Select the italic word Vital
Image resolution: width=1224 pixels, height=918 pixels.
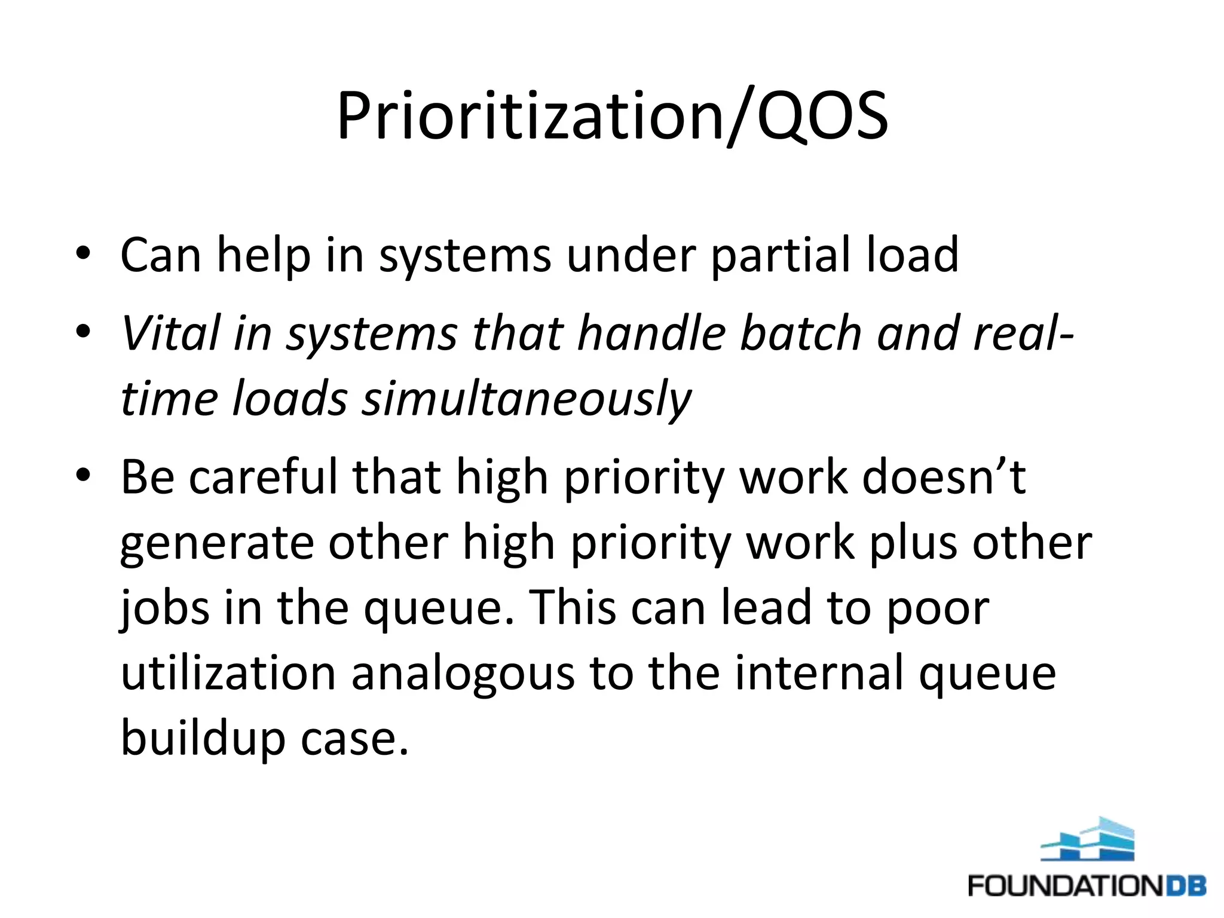171,333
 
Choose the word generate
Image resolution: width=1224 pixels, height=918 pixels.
217,544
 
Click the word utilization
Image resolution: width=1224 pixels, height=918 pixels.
228,674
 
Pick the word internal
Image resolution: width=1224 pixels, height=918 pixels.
819,674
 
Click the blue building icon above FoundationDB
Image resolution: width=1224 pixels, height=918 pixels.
1088,840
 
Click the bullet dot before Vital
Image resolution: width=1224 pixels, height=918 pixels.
83,331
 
